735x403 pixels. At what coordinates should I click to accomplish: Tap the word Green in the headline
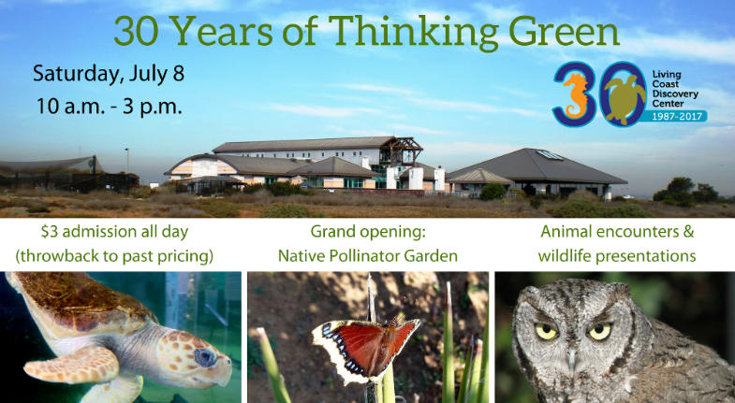(x=564, y=31)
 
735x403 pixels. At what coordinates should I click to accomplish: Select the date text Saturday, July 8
(x=109, y=75)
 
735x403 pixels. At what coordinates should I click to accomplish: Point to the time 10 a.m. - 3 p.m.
(x=109, y=107)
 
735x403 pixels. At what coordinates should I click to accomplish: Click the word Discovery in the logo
(x=675, y=94)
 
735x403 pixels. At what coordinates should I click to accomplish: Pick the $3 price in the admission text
(x=49, y=232)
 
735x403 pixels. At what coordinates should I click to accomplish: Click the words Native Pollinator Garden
(x=367, y=256)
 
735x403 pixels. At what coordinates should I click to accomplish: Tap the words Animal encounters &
(x=617, y=232)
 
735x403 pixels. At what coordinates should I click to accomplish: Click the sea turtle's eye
(x=205, y=357)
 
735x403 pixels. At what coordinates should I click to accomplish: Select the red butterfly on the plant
(x=365, y=347)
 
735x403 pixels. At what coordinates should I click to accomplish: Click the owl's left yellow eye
(x=547, y=331)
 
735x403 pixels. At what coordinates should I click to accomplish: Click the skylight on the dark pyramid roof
(x=550, y=155)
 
